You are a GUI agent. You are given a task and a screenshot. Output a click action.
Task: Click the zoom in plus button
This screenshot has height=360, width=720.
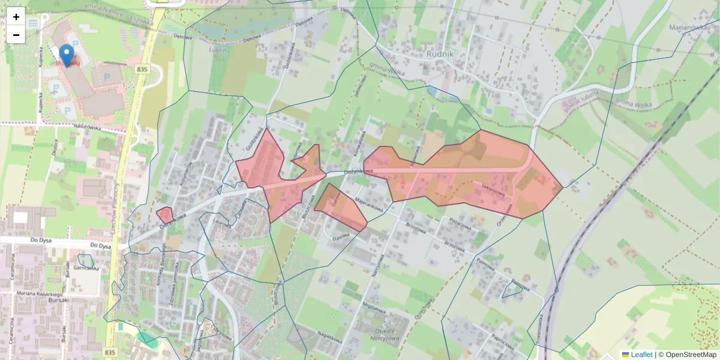16,17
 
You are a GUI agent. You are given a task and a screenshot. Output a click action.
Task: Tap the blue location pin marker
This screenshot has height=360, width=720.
67,55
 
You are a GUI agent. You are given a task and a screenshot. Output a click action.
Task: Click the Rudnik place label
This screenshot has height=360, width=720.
440,53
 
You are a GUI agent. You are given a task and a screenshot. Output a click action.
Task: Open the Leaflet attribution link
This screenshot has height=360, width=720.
641,355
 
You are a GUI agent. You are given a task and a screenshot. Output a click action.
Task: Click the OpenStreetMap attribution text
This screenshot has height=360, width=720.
691,355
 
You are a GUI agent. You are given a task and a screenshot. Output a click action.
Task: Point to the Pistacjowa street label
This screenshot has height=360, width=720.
461,223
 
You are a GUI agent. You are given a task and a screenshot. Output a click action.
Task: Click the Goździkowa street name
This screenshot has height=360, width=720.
256,140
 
